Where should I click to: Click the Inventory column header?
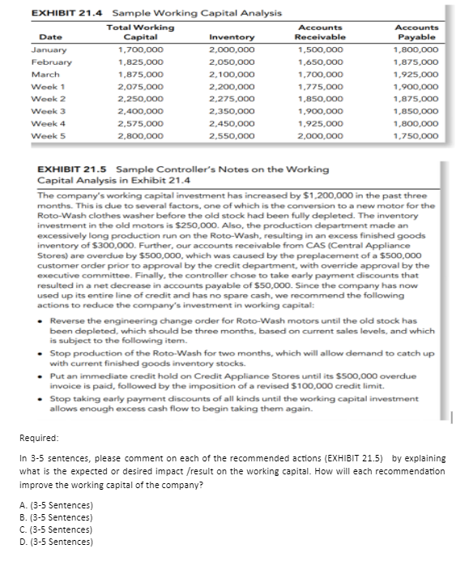[x=232, y=36]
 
